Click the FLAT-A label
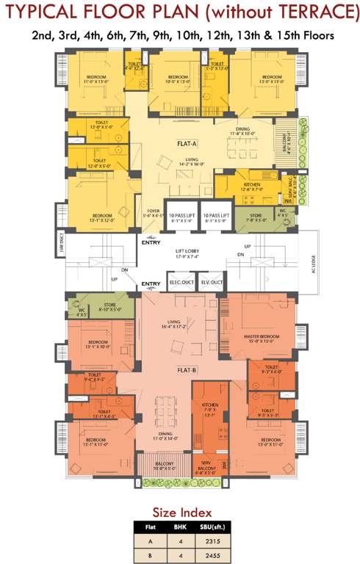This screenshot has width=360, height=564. (185, 144)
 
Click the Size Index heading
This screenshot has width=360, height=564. (181, 512)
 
